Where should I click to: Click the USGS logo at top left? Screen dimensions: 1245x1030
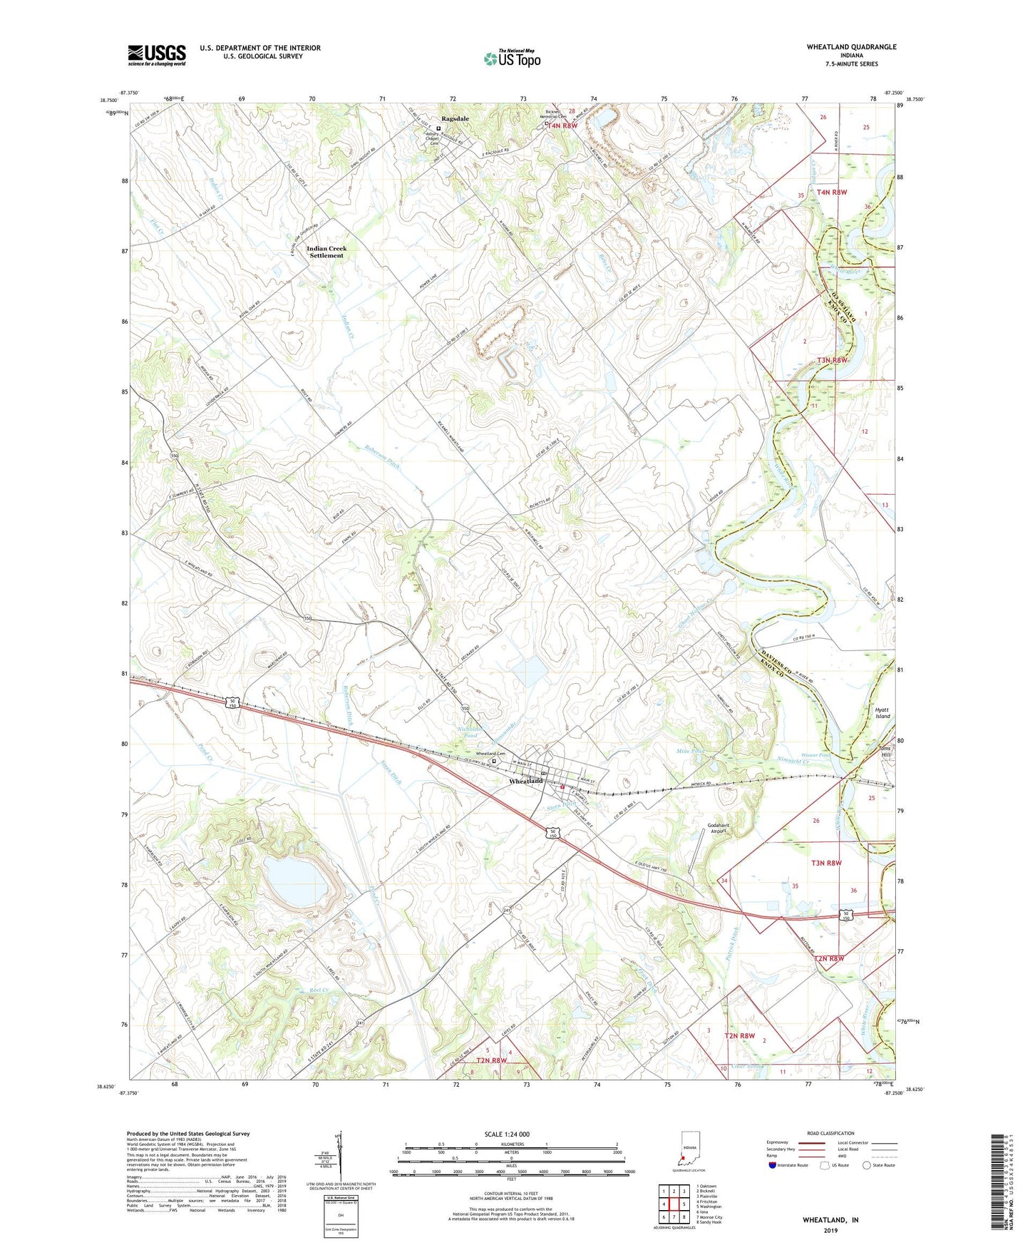(156, 55)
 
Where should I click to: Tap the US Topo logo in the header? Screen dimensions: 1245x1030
(512, 58)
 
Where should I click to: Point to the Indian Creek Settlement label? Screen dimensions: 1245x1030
(326, 252)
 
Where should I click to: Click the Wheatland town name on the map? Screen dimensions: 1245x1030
(525, 781)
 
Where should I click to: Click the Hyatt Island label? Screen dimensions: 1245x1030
(882, 713)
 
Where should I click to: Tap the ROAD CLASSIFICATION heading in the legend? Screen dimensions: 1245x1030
(830, 1133)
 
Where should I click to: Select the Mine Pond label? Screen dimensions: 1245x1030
(689, 752)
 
